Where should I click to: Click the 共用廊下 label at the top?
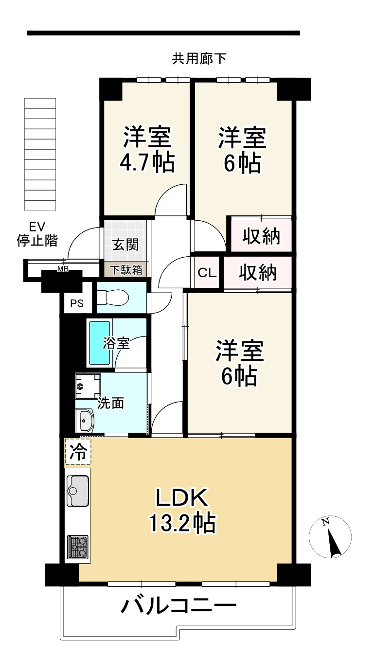click(199, 59)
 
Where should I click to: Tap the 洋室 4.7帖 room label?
click(146, 149)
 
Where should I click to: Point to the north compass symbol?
click(330, 537)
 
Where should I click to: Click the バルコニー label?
click(179, 606)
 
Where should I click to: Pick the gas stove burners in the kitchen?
click(77, 546)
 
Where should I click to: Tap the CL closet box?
click(207, 273)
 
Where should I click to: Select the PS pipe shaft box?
click(77, 304)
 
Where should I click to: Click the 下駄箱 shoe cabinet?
click(125, 270)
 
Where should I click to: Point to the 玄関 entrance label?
click(125, 245)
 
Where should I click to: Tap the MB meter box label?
click(63, 270)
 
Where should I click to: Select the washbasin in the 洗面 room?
click(86, 420)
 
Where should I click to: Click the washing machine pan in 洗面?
click(88, 387)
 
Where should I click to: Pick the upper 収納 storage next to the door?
click(261, 237)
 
